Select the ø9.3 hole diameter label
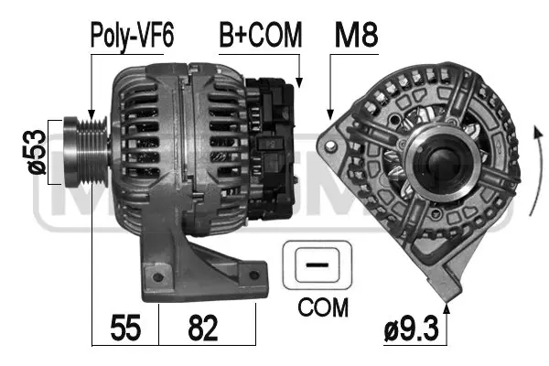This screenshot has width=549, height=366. point(411,326)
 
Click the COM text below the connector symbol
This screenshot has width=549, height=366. point(323,307)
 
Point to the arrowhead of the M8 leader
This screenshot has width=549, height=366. point(329,116)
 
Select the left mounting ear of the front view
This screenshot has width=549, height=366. point(330,146)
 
